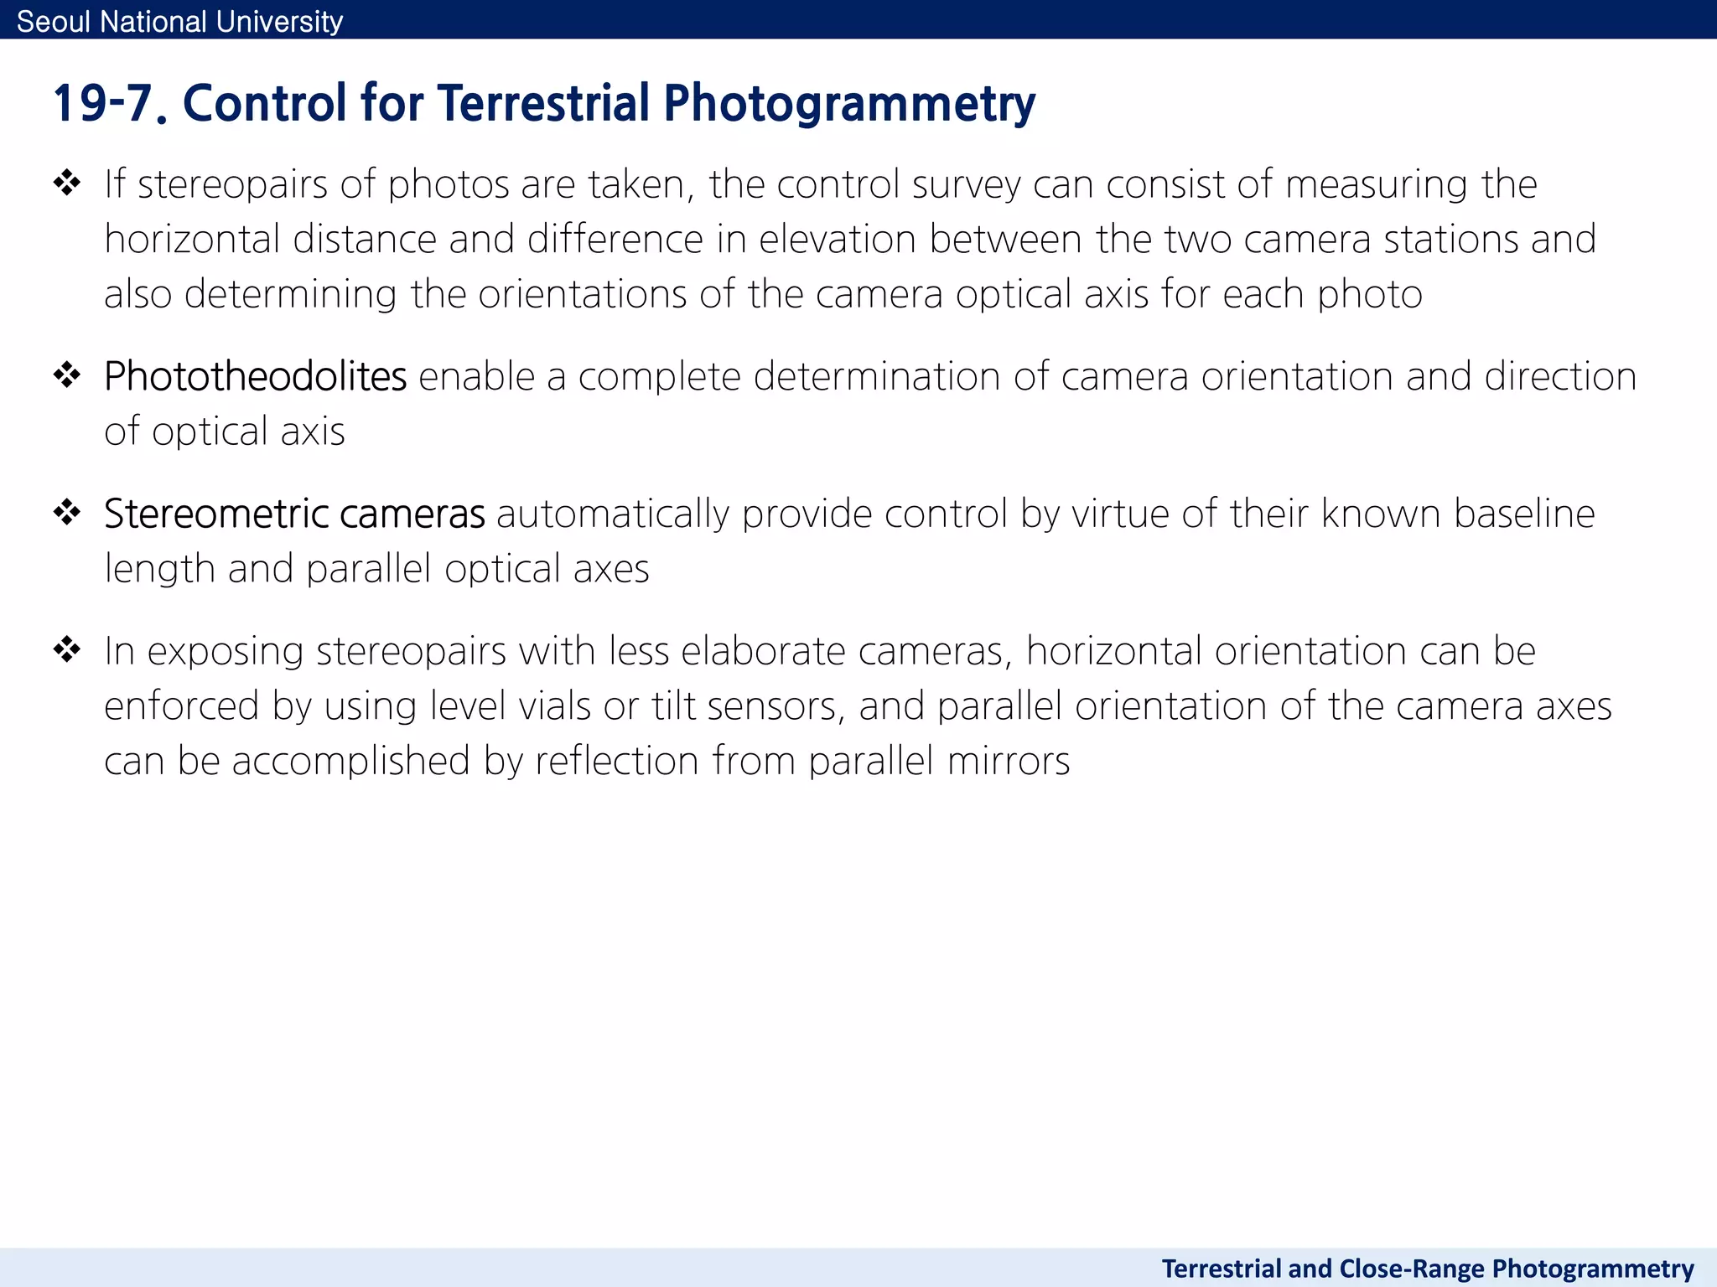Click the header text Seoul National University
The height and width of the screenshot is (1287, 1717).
[179, 21]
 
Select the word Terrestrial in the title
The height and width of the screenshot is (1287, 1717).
[543, 103]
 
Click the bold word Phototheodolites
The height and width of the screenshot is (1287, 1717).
[255, 376]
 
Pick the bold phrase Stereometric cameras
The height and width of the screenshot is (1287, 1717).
[294, 514]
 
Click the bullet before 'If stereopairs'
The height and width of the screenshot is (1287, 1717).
[67, 182]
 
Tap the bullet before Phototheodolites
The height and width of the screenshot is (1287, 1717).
[67, 375]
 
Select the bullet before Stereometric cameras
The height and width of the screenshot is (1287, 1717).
[67, 511]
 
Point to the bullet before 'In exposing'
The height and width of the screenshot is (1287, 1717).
[67, 649]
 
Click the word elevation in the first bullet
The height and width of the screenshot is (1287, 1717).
[837, 240]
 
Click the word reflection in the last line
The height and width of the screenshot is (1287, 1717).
[617, 761]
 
